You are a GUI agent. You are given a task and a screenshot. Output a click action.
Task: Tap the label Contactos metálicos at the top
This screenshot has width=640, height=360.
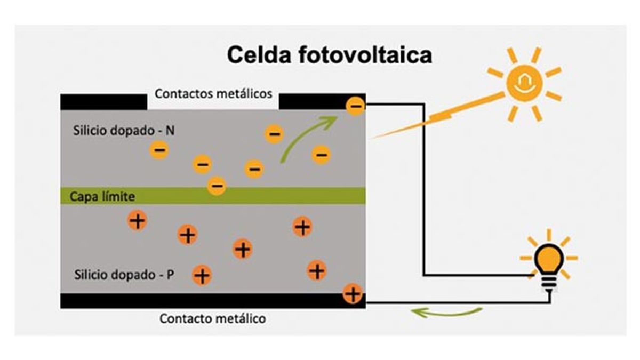coord(213,94)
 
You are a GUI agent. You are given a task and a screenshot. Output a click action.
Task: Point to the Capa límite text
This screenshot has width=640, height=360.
coord(102,196)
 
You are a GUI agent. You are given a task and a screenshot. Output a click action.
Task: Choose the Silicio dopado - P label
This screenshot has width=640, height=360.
coord(124,275)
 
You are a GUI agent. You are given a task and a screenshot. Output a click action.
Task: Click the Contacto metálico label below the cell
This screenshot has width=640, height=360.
coord(212,319)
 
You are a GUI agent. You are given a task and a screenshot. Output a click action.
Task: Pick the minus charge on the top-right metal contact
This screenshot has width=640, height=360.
coord(355,106)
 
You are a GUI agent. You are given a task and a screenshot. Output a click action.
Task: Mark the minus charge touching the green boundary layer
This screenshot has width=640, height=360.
coord(217,186)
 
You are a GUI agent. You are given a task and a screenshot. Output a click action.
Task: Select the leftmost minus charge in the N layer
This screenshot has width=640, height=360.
coord(159,150)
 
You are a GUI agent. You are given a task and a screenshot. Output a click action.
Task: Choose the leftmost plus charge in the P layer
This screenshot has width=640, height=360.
coord(138,220)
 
